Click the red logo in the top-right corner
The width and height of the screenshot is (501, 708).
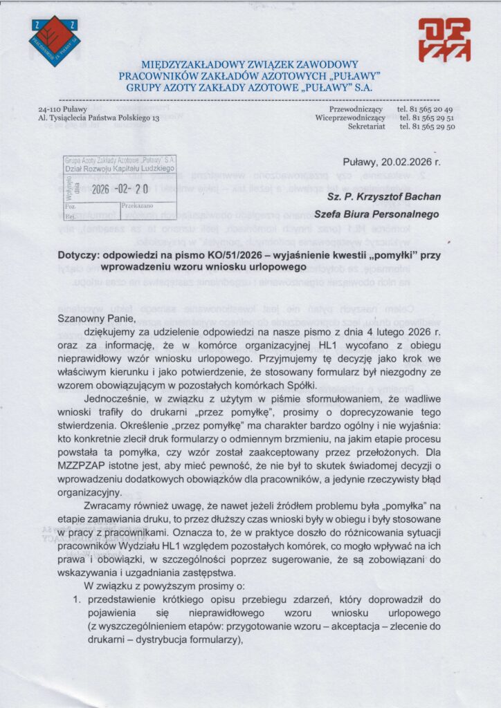pyautogui.click(x=444, y=40)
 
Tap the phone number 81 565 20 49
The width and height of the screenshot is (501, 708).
pyautogui.click(x=424, y=109)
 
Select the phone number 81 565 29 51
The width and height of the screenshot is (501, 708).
pyautogui.click(x=424, y=118)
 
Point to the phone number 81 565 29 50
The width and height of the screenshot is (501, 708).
pyautogui.click(x=424, y=127)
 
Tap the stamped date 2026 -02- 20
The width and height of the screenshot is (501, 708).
pyautogui.click(x=120, y=188)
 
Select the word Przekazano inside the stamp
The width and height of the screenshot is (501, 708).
pyautogui.click(x=138, y=205)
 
